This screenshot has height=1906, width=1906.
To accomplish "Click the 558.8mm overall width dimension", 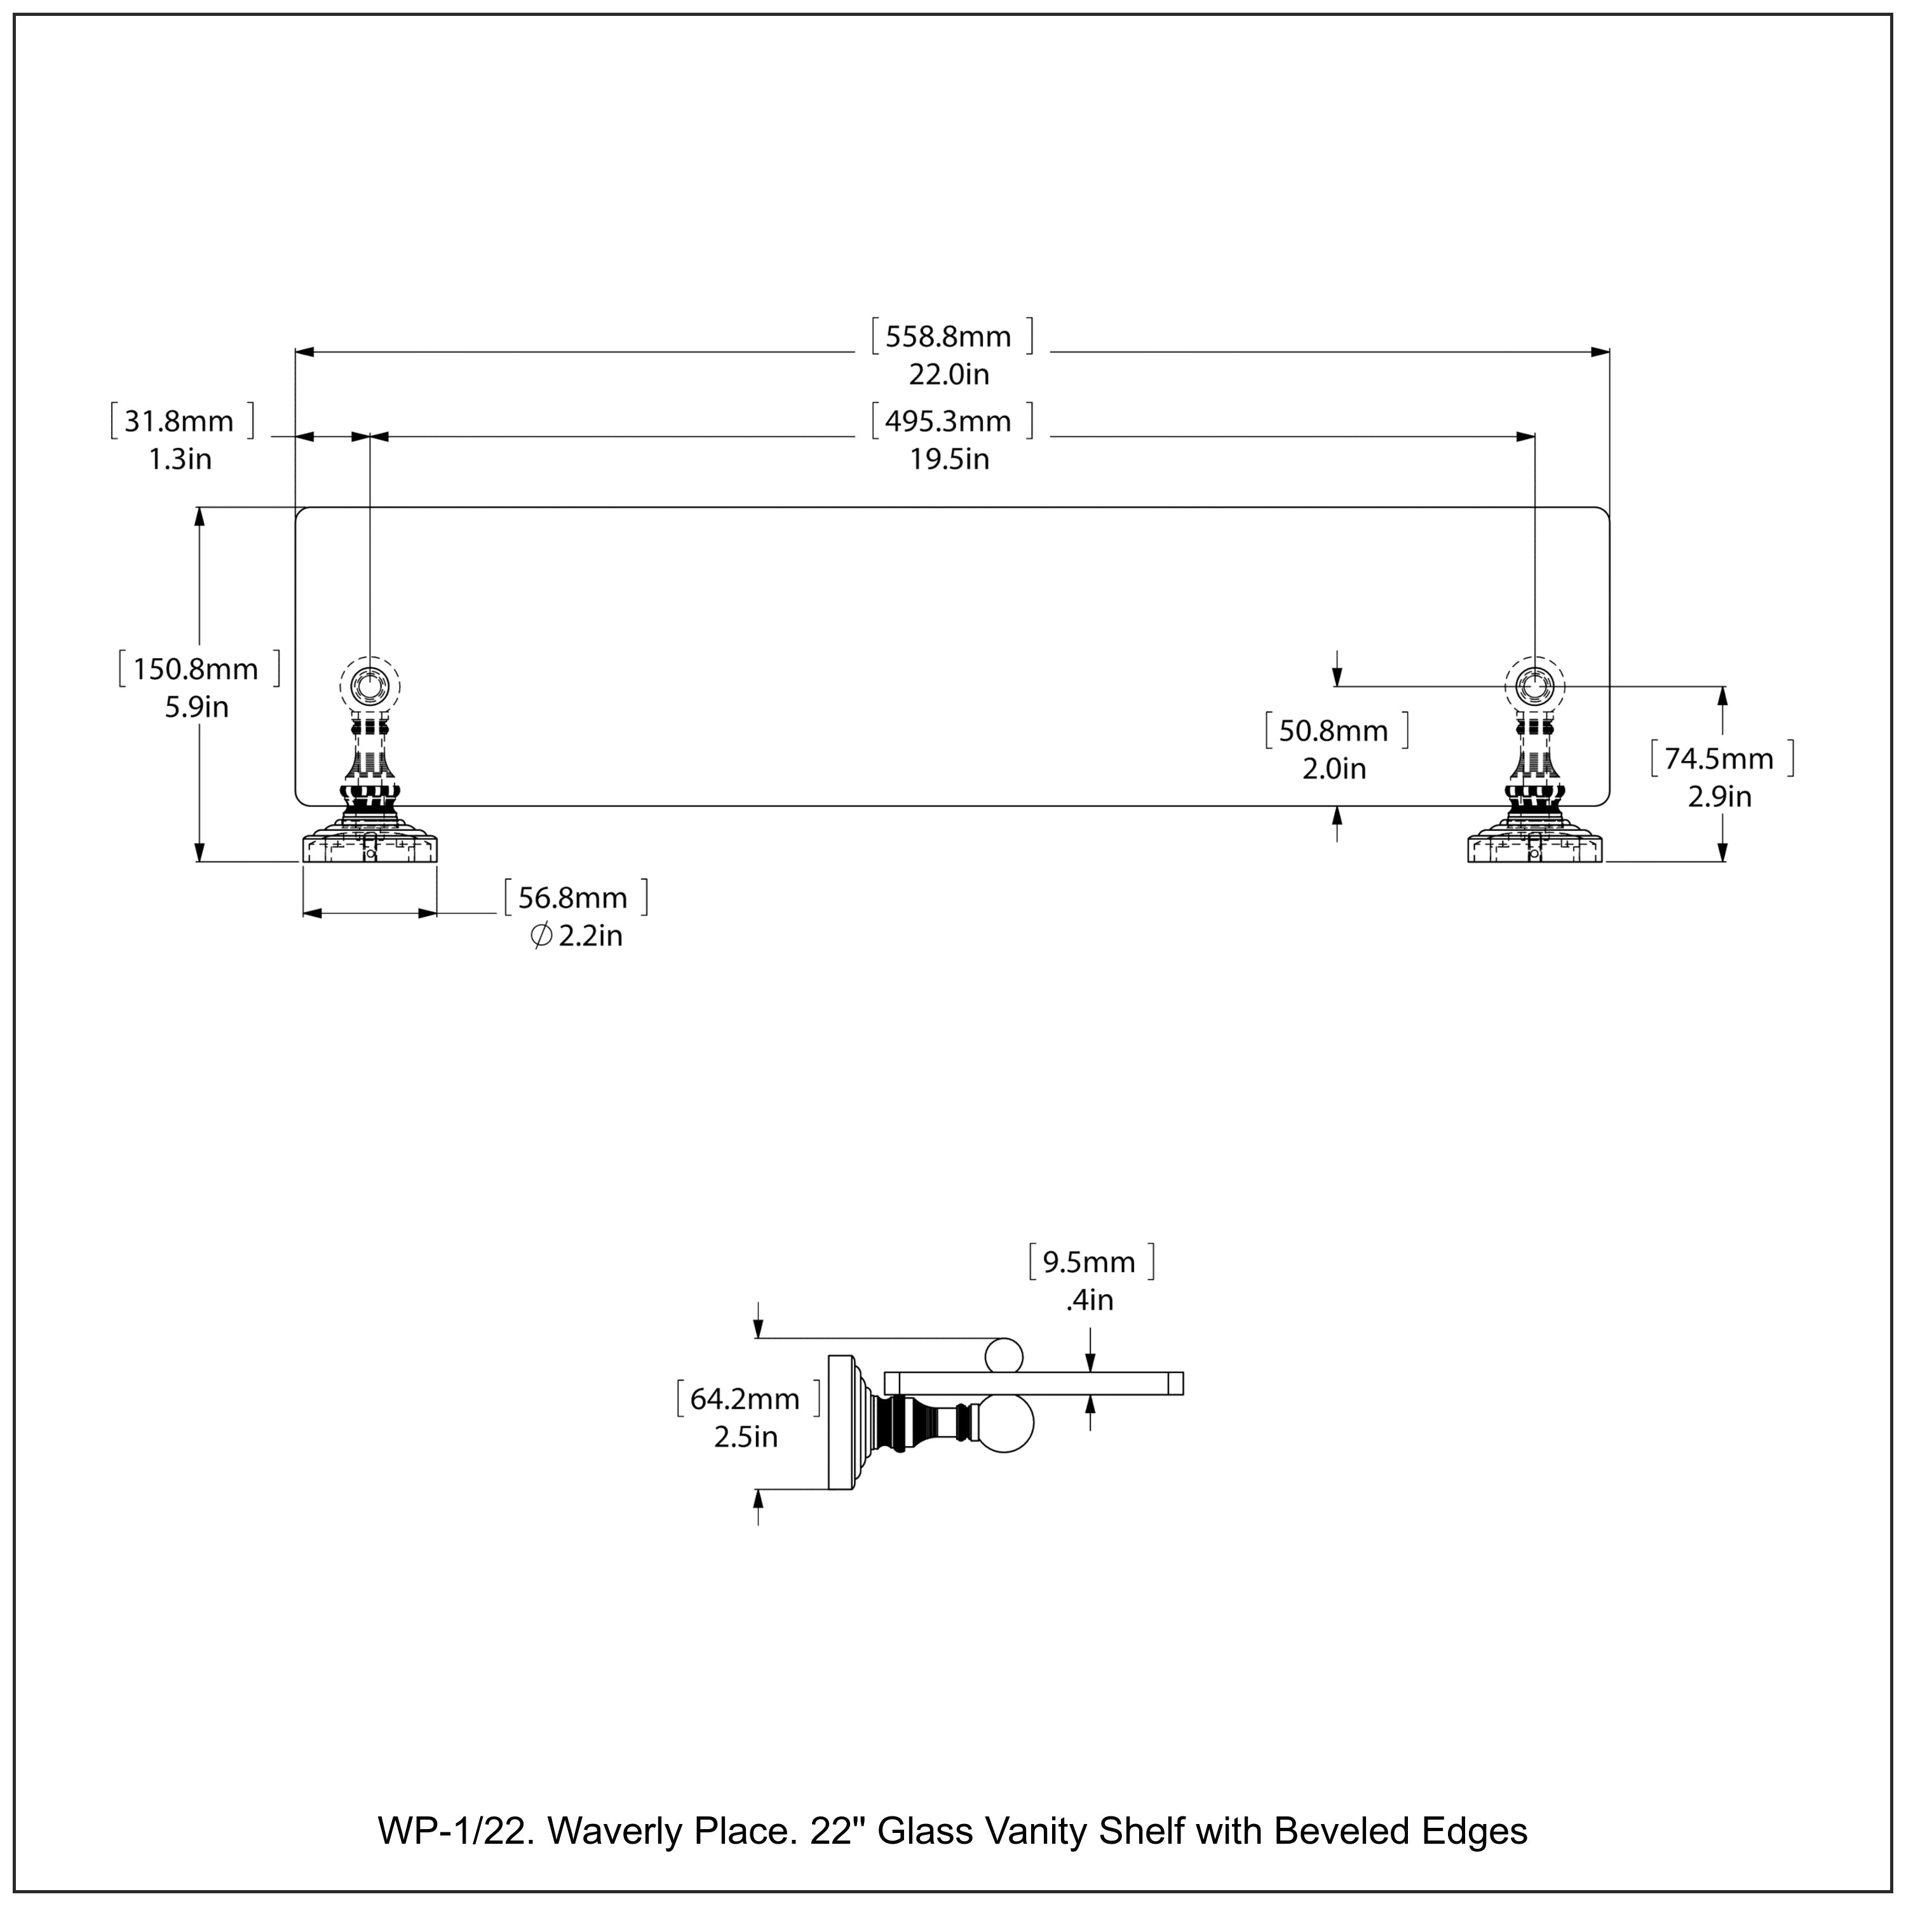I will (947, 337).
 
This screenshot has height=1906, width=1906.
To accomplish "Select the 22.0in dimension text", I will (948, 375).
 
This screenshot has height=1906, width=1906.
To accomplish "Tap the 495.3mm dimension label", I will (947, 422).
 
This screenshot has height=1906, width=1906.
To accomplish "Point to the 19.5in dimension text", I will (948, 460).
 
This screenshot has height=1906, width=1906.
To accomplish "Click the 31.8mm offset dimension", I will (179, 422).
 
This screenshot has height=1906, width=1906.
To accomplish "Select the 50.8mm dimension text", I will (1333, 731).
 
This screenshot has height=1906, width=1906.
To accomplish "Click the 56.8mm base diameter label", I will (572, 898).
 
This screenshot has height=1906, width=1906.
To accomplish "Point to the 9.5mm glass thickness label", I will (1089, 1263).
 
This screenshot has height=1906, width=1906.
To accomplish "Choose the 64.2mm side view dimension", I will (745, 1399).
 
